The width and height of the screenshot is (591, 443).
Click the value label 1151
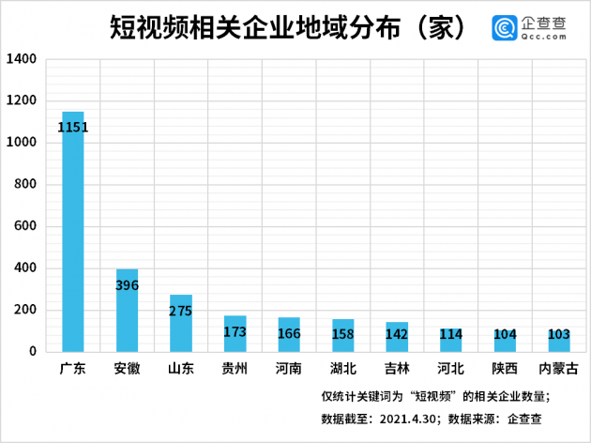click(x=73, y=127)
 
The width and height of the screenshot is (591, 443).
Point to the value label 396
click(x=127, y=284)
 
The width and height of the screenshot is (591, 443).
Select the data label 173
click(x=235, y=331)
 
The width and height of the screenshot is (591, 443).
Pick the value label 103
click(x=559, y=335)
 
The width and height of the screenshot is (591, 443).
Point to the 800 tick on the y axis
click(x=24, y=185)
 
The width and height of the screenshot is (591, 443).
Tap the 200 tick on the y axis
click(x=24, y=310)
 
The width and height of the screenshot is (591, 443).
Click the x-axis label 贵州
click(x=235, y=369)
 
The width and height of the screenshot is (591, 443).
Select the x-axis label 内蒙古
click(x=559, y=369)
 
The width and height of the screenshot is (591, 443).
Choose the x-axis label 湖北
click(x=342, y=369)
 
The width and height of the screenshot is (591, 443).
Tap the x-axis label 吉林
click(x=397, y=369)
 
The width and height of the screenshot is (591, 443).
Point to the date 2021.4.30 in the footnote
click(x=403, y=419)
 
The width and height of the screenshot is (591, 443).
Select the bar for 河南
click(x=289, y=334)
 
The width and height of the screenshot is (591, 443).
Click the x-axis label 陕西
click(x=505, y=369)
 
